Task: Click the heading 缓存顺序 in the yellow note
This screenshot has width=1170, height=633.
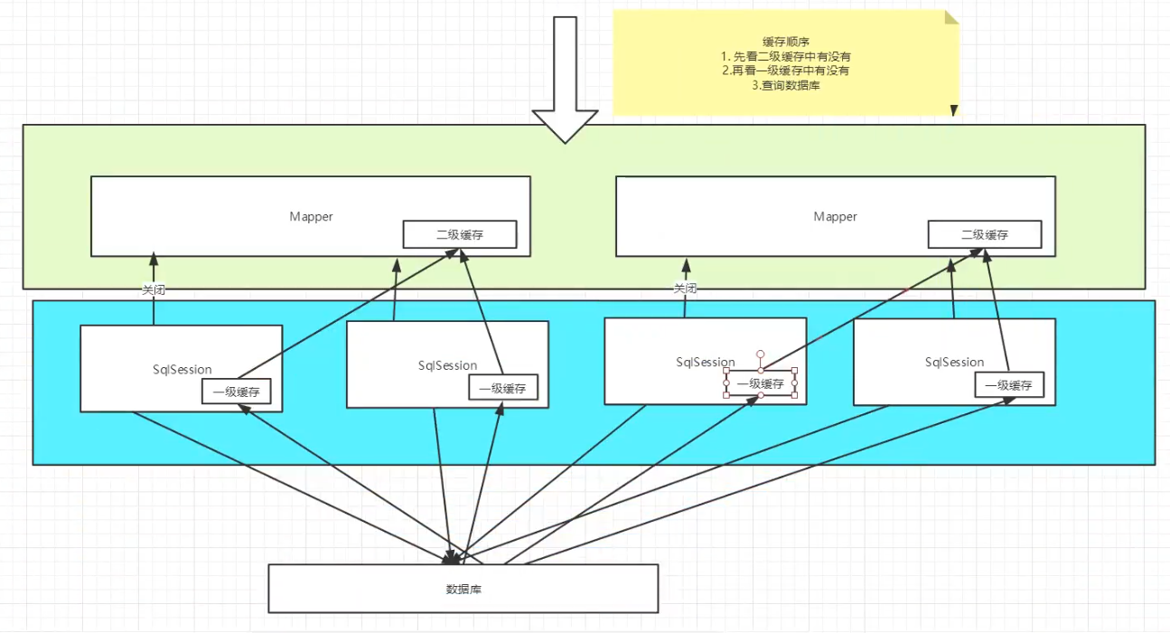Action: click(784, 43)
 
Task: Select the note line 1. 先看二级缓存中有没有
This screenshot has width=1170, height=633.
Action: click(784, 57)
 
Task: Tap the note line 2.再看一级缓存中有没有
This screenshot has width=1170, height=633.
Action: click(784, 71)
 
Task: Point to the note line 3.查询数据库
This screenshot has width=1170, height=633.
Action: click(784, 85)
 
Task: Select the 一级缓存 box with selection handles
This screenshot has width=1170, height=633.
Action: click(760, 383)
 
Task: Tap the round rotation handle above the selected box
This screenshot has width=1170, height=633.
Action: click(761, 354)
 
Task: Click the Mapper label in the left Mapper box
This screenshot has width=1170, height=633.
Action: click(311, 217)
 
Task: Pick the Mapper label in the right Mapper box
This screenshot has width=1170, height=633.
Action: click(835, 217)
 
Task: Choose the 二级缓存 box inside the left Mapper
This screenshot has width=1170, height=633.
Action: click(460, 235)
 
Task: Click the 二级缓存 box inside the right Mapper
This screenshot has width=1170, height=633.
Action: click(984, 235)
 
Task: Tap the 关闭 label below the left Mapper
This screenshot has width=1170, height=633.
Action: click(154, 290)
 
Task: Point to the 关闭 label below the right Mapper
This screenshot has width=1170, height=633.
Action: click(685, 288)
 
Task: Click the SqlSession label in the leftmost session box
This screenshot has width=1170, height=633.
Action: click(182, 369)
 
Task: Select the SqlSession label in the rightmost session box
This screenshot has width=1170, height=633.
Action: click(954, 362)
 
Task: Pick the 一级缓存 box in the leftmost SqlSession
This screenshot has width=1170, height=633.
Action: click(237, 392)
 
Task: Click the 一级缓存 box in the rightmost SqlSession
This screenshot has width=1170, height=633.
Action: click(1009, 385)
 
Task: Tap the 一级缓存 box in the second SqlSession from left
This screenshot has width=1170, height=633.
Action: click(503, 389)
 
